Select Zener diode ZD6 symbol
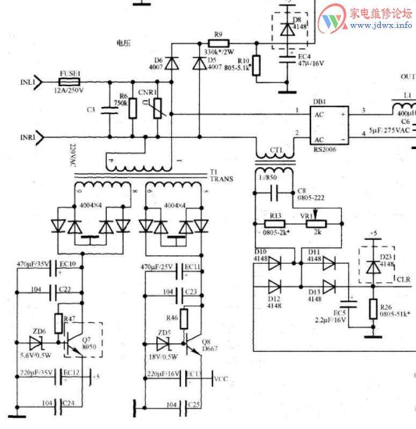coord(37,341)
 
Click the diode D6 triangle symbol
coord(172,63)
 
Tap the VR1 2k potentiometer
coord(318,223)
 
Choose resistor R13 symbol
coord(275,223)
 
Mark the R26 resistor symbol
coord(373,309)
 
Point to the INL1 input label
coord(27,82)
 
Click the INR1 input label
coord(27,138)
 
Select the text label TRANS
coord(222,179)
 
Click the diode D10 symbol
coord(274,263)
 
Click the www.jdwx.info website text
coord(382,25)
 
